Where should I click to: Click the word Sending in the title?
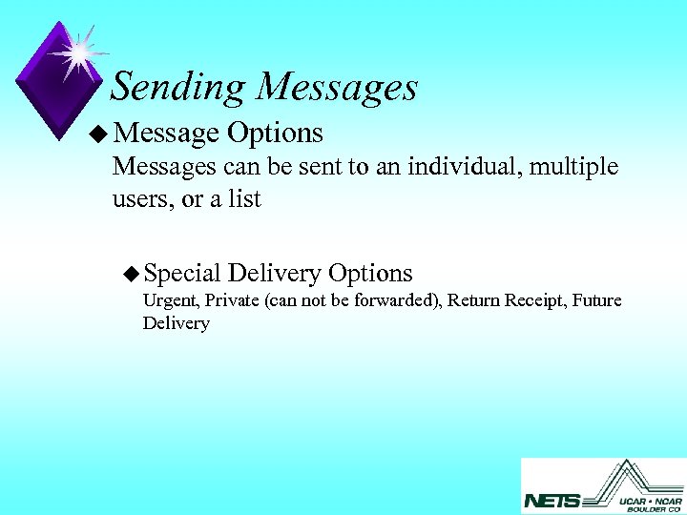click(178, 88)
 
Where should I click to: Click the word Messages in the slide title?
click(337, 88)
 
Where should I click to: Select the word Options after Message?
click(275, 133)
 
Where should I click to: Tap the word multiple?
click(574, 168)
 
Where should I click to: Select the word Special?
click(182, 274)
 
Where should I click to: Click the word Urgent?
click(169, 301)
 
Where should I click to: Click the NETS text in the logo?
click(552, 500)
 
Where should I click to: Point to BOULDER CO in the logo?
click(655, 508)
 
